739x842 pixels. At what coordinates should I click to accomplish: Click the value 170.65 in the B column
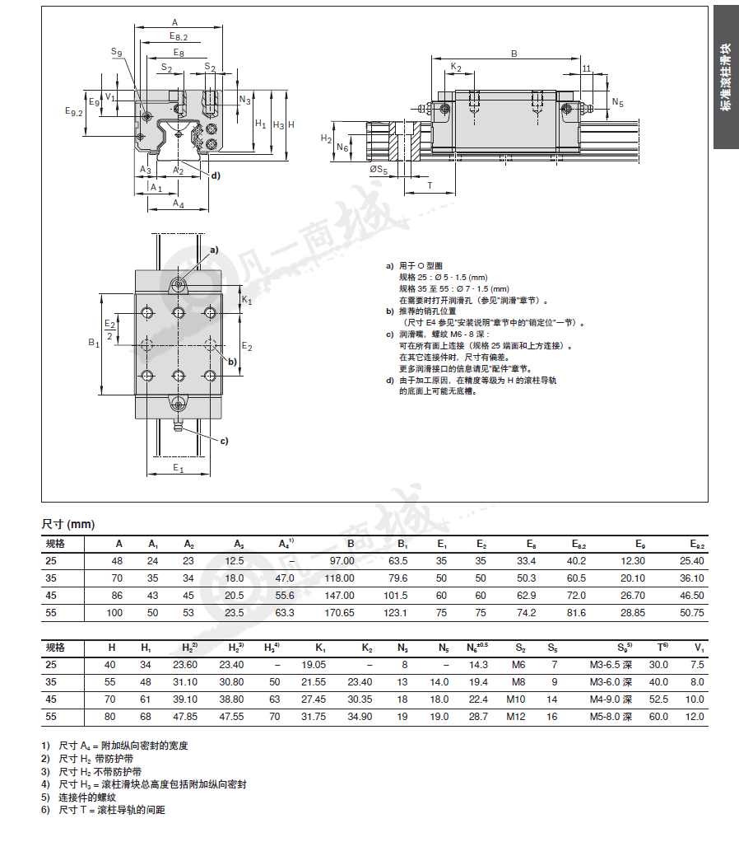click(339, 613)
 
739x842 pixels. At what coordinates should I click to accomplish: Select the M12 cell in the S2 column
click(516, 716)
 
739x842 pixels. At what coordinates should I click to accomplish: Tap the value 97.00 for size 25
click(342, 560)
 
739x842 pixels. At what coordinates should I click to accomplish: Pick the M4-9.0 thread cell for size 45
click(611, 699)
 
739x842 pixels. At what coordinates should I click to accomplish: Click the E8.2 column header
click(579, 544)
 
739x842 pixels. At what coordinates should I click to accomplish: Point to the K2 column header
click(367, 648)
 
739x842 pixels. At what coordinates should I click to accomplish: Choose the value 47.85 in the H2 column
click(185, 716)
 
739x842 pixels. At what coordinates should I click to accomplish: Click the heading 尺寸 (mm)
click(68, 524)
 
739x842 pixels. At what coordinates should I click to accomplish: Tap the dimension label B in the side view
click(514, 54)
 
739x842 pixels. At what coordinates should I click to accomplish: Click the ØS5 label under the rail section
click(379, 170)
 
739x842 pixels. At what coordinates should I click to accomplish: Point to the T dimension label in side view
click(430, 186)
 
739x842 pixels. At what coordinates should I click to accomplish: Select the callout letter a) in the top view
click(214, 250)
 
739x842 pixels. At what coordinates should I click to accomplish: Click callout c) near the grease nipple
click(224, 441)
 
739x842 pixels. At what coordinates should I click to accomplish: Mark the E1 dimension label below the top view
click(178, 468)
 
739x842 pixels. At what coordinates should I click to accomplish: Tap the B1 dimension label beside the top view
click(94, 342)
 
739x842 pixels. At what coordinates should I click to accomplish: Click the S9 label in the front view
click(116, 52)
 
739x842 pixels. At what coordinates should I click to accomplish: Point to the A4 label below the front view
click(178, 203)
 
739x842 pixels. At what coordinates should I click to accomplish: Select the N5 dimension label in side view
click(618, 102)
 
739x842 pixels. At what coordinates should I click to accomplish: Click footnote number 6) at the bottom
click(45, 810)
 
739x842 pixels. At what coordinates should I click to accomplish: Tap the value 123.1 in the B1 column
click(395, 613)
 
